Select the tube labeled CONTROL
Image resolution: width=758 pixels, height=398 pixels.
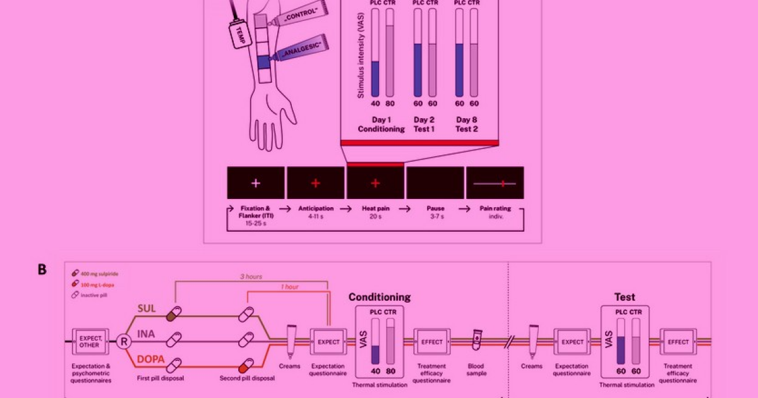[294, 14]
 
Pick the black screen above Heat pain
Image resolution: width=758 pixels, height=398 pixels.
[375, 183]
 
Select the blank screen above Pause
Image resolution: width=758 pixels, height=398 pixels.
[435, 183]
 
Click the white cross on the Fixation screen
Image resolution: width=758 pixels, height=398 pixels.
[255, 183]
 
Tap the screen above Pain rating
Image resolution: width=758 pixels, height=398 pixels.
[495, 183]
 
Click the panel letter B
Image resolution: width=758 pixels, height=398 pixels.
[42, 269]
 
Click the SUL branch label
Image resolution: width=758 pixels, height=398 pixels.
[147, 309]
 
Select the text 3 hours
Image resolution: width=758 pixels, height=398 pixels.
[251, 276]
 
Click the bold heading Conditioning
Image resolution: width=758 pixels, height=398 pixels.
[380, 297]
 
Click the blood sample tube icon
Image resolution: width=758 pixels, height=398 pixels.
[478, 342]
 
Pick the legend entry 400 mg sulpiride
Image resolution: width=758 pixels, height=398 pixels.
[101, 273]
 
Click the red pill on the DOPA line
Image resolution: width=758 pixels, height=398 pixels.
[244, 367]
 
